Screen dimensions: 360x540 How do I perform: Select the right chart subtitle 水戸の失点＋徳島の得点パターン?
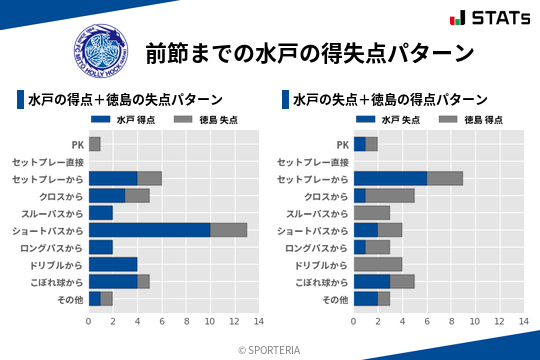[390, 100]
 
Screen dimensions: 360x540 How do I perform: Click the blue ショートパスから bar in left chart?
[149, 230]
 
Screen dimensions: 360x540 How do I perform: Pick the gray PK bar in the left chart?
[95, 144]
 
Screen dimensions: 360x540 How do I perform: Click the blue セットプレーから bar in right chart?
[390, 178]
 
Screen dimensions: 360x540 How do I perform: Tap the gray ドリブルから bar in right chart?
[378, 264]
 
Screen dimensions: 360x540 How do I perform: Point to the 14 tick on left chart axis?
[258, 321]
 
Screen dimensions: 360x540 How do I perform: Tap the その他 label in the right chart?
[334, 299]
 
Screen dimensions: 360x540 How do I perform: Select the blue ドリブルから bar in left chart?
[113, 264]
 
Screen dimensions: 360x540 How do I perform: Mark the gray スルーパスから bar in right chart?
[372, 213]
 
